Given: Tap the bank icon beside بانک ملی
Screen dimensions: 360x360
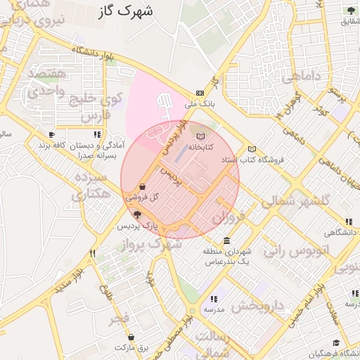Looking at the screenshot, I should coord(200,92).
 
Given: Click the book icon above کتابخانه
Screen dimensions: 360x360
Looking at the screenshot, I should coord(201,136).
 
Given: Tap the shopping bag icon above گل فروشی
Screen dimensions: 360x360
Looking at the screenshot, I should coord(143,187).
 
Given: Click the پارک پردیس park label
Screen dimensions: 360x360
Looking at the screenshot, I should coord(137,226).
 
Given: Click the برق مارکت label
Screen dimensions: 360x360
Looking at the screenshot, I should coord(134,347).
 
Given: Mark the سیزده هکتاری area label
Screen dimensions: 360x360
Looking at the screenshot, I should coord(91,186).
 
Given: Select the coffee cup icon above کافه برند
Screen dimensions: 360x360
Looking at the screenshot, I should coord(51,134).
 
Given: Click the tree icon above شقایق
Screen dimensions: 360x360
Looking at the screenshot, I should coord(349,9).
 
